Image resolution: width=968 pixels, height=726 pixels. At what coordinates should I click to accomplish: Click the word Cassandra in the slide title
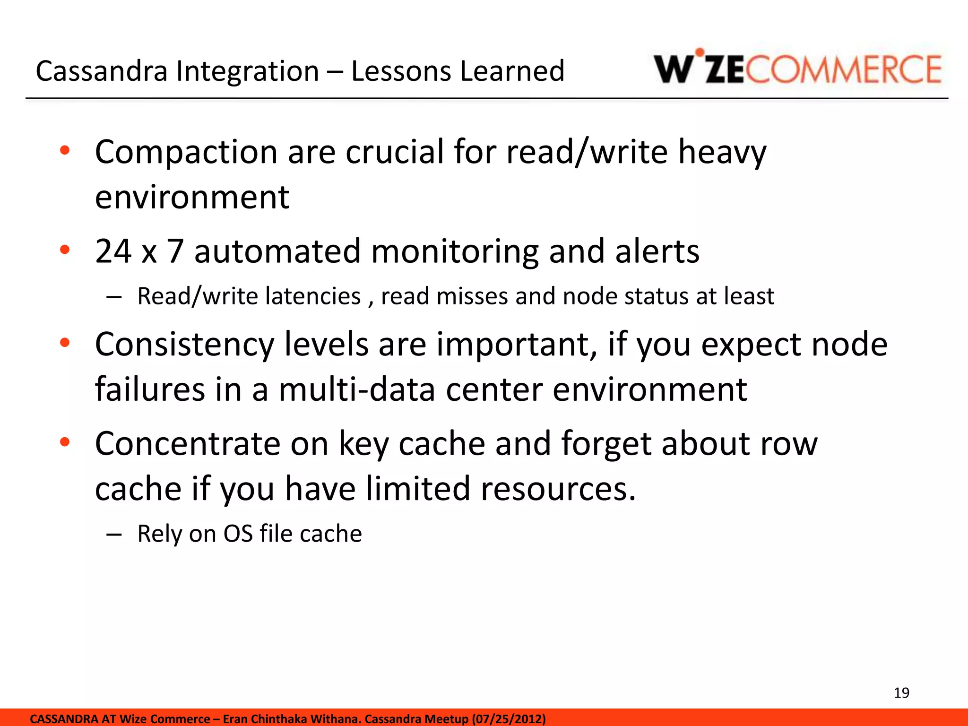pos(102,71)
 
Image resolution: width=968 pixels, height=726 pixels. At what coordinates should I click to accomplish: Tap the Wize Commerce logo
pos(797,69)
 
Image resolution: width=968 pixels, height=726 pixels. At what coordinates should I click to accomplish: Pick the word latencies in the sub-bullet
pos(313,296)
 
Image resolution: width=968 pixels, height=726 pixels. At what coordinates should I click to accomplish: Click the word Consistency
pos(184,345)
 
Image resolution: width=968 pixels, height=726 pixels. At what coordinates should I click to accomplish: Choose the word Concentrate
pos(188,444)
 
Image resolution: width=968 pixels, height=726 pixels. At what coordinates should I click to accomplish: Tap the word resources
pos(558,489)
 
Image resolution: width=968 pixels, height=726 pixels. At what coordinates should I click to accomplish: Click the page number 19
pos(901,693)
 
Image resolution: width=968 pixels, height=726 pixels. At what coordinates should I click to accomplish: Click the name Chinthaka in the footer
pos(278,719)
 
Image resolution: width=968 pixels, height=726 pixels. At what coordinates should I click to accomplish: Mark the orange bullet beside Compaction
pos(65,151)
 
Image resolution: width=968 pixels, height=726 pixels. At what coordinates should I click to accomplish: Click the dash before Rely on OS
pos(114,535)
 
